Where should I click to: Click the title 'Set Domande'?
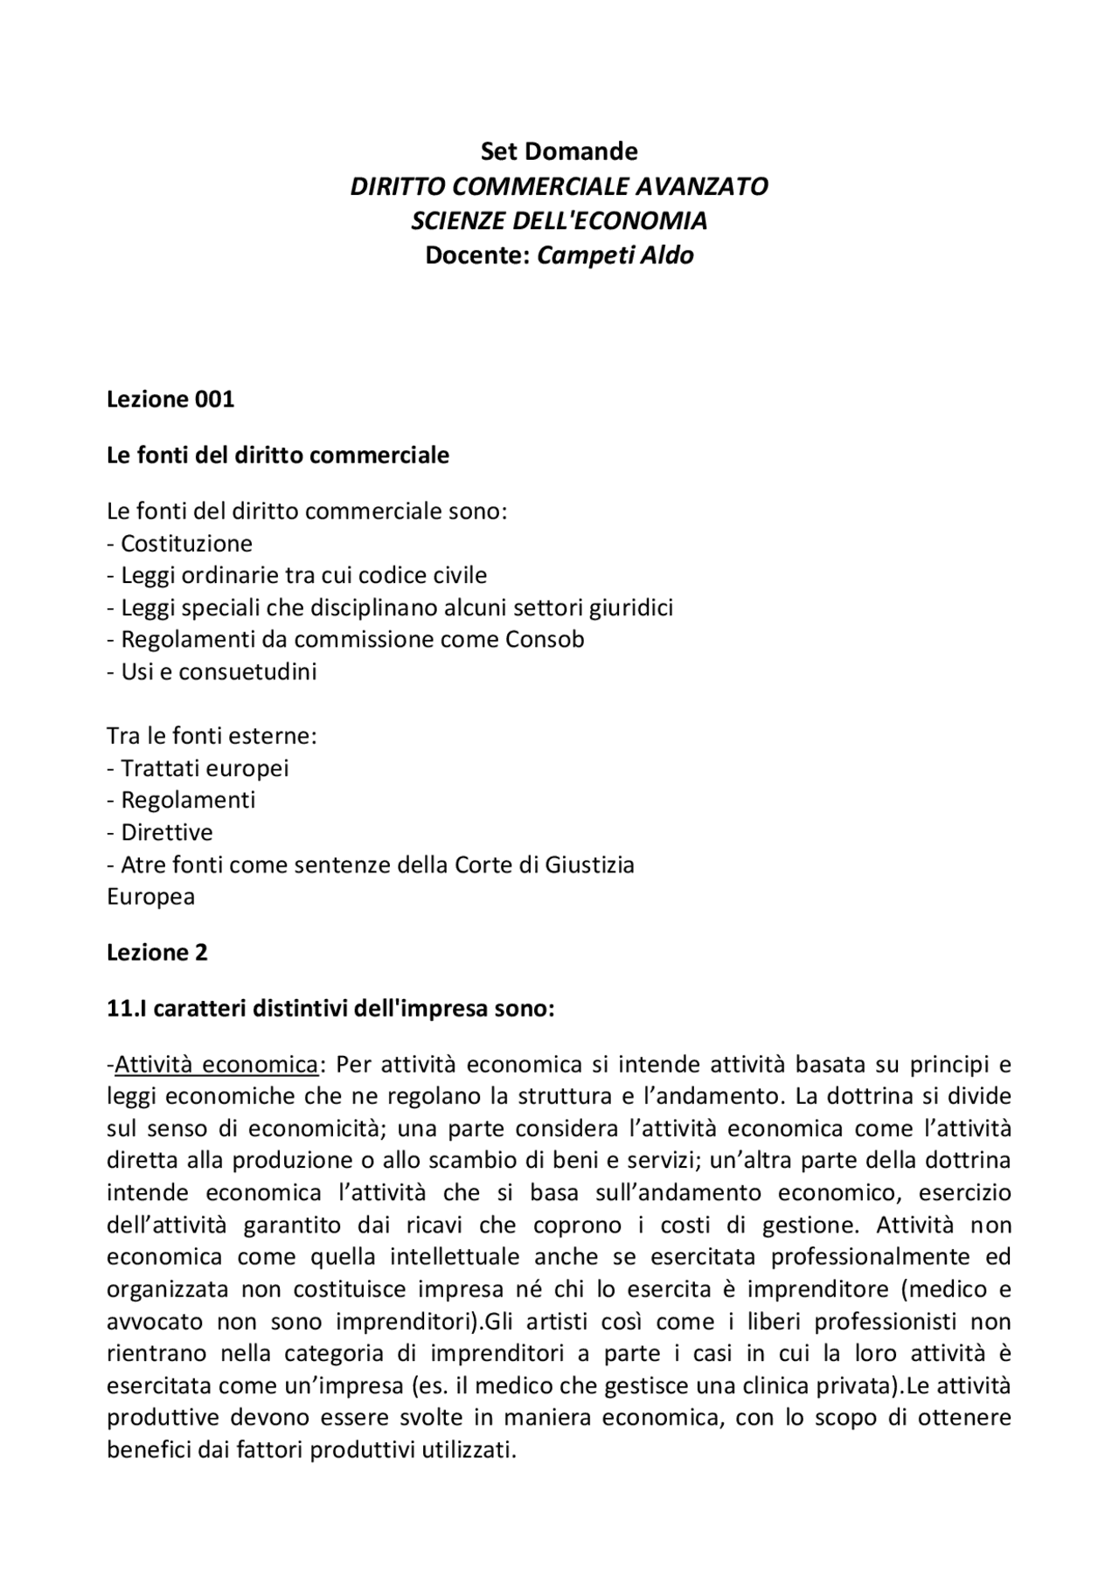pos(559,151)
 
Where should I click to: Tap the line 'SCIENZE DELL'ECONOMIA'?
pos(559,220)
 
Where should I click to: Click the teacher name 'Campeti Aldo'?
pos(615,255)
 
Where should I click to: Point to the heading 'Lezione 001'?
pos(170,399)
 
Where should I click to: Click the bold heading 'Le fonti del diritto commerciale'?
pos(277,455)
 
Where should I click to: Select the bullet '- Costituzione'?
pos(179,544)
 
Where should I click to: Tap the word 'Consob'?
pos(544,639)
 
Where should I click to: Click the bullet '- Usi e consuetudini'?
pos(212,671)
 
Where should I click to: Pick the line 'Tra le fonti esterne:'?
pos(211,735)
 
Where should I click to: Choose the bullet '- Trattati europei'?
pos(198,767)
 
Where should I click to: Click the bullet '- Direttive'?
pos(159,832)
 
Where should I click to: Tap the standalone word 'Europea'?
pos(150,897)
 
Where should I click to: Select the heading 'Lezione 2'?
pos(156,953)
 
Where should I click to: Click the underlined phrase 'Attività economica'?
pos(216,1065)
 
